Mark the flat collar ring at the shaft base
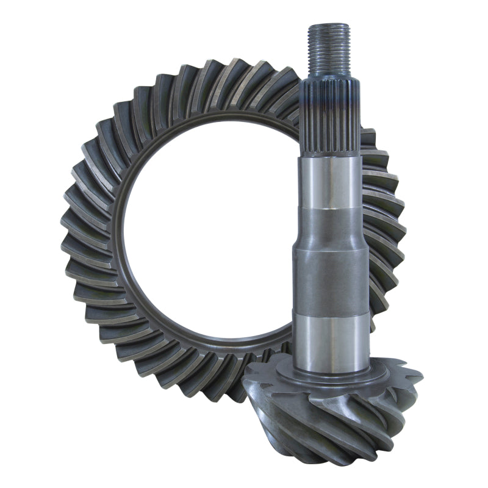[x=332, y=375]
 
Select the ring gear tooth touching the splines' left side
[x=291, y=104]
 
